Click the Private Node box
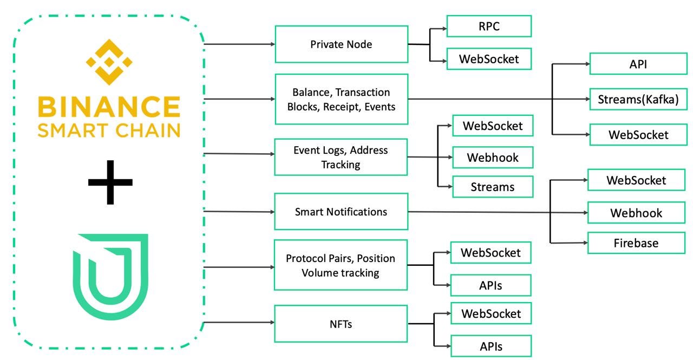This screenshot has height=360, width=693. [341, 44]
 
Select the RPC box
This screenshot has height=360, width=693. [489, 26]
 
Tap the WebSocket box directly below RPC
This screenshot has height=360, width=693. [489, 58]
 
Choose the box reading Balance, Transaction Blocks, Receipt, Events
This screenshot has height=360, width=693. [341, 99]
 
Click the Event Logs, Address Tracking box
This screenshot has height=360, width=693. [341, 157]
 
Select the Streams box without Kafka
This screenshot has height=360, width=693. [493, 187]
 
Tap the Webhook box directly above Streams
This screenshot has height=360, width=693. [493, 158]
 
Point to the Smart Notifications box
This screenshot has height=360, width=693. [341, 212]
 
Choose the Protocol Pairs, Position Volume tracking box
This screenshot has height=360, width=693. [341, 265]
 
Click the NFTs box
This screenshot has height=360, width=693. [341, 324]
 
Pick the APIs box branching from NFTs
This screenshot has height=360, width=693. [491, 346]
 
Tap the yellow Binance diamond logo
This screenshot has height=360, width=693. [110, 62]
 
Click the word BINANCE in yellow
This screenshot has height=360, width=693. [109, 107]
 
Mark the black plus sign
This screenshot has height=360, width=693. [110, 182]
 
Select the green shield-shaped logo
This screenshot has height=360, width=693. [110, 276]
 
